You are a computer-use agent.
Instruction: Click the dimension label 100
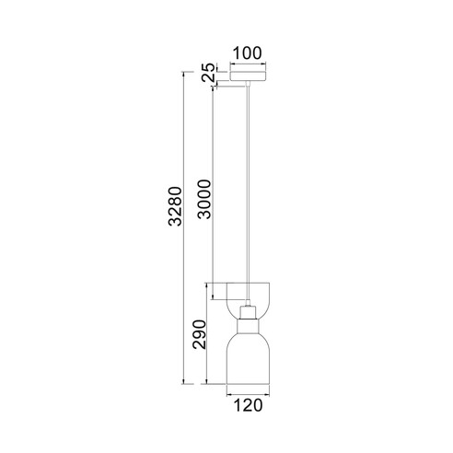[x=248, y=53]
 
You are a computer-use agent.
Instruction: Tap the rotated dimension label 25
[x=209, y=72]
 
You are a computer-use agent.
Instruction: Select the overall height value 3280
[x=176, y=206]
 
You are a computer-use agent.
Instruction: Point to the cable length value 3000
[x=204, y=199]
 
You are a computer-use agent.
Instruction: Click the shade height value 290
[x=199, y=334]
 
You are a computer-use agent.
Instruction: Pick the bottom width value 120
[x=248, y=405]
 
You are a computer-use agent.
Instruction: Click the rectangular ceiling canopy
[x=248, y=76]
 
